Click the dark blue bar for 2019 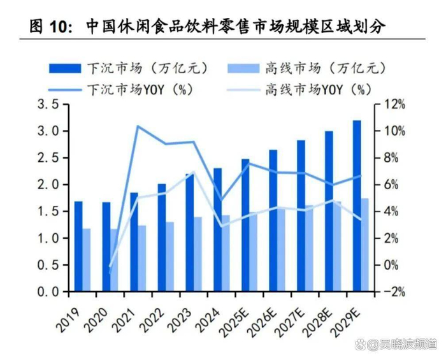click(78, 247)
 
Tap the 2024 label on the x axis click(212, 317)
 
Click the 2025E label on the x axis click(238, 320)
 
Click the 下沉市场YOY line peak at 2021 click(138, 126)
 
